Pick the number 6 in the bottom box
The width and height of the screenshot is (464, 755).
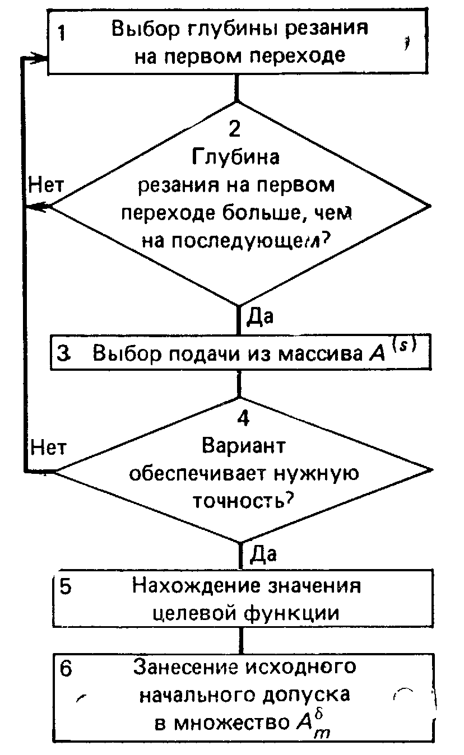(x=66, y=670)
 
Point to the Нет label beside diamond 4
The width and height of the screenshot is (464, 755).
(x=49, y=447)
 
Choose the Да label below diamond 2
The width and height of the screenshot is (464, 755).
(x=259, y=317)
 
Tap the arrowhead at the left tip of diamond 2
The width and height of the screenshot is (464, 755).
(x=39, y=207)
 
